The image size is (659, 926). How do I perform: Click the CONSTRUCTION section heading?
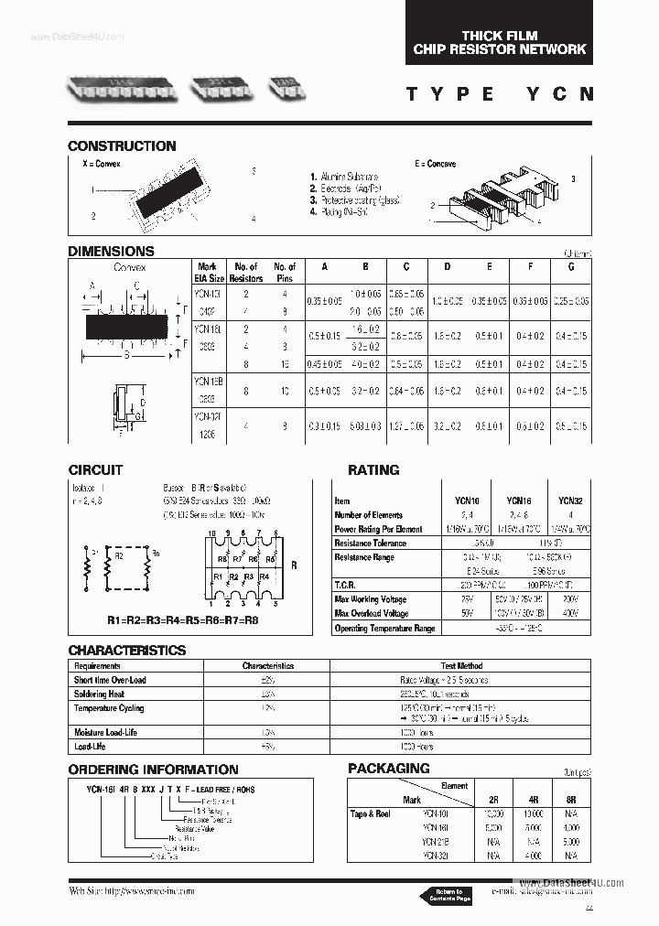[122, 145]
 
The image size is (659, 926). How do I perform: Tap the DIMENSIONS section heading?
[111, 251]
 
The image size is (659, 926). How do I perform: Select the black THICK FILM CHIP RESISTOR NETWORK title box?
[499, 42]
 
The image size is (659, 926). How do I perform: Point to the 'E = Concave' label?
[435, 164]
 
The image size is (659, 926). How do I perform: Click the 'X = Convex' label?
[102, 164]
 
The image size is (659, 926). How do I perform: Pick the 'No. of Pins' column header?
[285, 272]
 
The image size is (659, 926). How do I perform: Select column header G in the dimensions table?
[571, 267]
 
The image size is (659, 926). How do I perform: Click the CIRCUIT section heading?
[95, 469]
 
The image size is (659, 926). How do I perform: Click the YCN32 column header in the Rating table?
[570, 501]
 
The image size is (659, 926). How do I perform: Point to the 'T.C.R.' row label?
[347, 585]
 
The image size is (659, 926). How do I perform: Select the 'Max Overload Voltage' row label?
[372, 613]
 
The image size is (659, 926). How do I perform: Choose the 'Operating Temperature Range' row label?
[384, 629]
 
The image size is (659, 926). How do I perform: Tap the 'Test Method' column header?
[460, 666]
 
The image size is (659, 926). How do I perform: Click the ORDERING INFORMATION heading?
[153, 770]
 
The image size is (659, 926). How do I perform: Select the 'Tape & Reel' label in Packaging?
[371, 813]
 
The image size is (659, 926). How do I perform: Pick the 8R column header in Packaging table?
[570, 799]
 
